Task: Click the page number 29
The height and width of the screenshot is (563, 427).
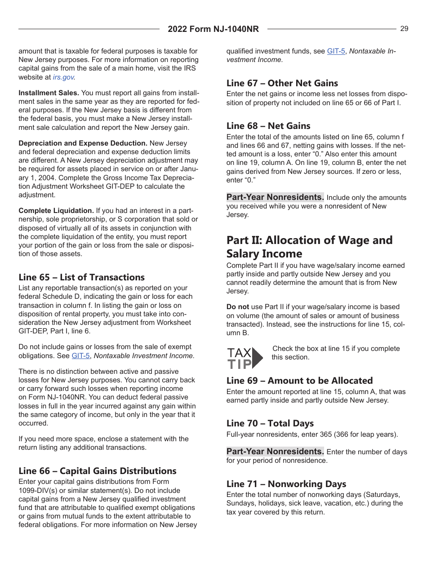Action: coord(404,29)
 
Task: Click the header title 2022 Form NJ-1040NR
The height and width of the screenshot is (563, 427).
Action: coord(213,29)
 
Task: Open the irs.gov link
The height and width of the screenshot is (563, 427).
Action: coord(63,77)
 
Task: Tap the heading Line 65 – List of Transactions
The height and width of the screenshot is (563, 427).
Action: coord(81,277)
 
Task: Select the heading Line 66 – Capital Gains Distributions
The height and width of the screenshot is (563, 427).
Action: coord(97,471)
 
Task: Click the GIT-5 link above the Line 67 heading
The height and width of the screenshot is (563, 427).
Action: coord(336,51)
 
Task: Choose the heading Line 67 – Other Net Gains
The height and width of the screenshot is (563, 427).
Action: coord(282,83)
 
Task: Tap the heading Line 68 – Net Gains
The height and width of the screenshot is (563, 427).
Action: coord(268,126)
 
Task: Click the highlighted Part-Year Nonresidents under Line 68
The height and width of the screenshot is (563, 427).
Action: coord(275,197)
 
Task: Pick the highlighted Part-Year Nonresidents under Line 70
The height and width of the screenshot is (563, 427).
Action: coord(275,452)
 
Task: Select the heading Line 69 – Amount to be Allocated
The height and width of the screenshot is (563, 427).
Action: coord(299,381)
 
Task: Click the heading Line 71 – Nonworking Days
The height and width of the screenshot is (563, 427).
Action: coord(286,484)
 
